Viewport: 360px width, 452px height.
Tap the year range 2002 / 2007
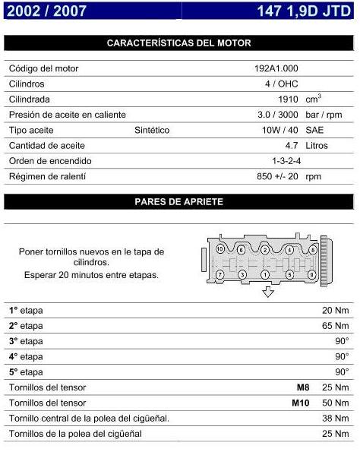point(45,11)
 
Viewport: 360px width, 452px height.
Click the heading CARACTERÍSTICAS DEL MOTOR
point(179,43)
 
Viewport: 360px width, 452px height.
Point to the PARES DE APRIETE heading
point(179,201)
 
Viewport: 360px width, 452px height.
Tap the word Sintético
point(152,130)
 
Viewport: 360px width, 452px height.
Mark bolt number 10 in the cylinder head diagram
point(220,249)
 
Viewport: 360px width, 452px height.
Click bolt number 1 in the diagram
point(266,273)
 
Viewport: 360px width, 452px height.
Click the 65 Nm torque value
point(335,325)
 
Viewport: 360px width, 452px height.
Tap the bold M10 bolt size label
point(302,403)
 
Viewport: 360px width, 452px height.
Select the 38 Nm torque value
point(335,418)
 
